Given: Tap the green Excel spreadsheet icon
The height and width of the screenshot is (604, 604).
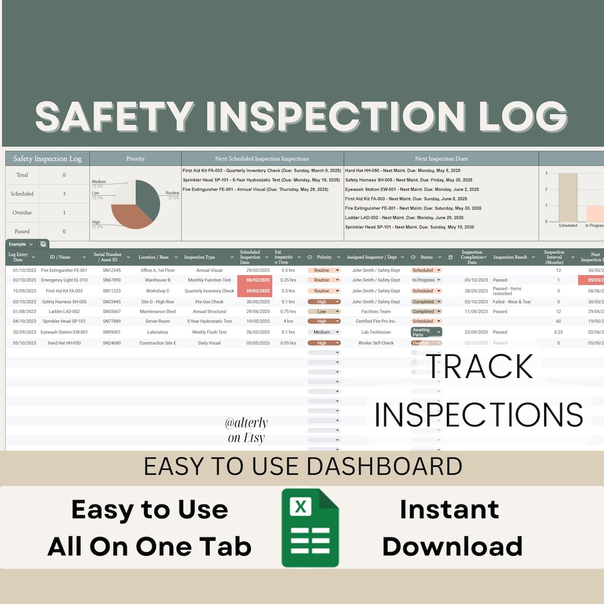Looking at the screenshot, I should coord(310,528).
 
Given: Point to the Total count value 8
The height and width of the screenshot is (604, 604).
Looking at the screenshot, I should coord(64,175).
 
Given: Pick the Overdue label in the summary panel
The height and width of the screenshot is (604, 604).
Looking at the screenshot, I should coord(22,213).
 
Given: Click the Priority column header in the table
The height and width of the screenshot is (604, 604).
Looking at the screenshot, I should coord(324,257).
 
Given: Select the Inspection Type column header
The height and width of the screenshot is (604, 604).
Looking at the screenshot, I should coord(199,257).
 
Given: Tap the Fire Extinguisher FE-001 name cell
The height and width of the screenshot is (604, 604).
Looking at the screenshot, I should coord(64,271).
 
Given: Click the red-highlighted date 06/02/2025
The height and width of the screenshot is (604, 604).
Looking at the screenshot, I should coord(254,280).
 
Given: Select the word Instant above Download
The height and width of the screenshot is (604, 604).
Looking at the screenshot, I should coord(449,509).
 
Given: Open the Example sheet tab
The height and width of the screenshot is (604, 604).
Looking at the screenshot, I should coord(18,244).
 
